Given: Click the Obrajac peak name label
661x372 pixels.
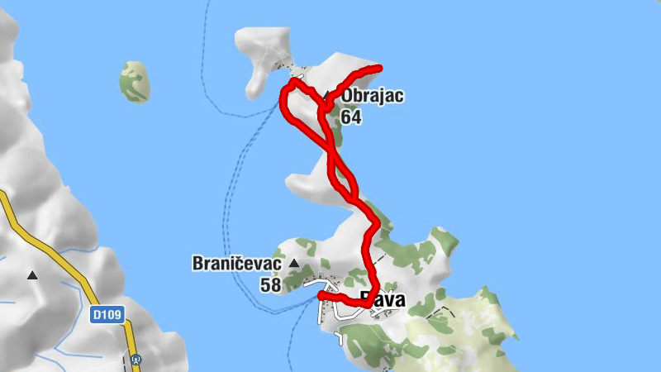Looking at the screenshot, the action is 373,96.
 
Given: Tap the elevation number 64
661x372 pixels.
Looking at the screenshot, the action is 351,117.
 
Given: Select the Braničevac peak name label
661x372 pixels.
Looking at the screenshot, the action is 237,265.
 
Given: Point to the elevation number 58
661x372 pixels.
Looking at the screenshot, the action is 270,285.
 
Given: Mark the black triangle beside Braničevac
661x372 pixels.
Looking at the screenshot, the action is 293,264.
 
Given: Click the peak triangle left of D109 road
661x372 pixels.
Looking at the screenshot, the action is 32,274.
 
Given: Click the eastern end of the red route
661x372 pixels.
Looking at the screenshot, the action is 379,67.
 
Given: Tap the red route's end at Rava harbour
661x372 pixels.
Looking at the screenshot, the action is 321,294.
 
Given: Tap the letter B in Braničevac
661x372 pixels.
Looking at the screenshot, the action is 198,265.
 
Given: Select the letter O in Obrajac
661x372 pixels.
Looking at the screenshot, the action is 348,96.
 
